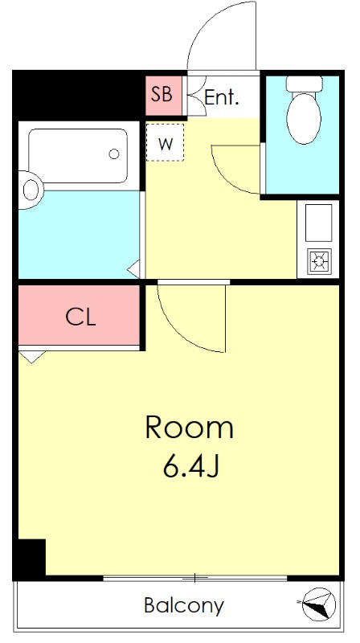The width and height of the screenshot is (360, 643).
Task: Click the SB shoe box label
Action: click(x=162, y=95)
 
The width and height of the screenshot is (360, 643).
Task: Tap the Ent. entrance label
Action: click(x=222, y=97)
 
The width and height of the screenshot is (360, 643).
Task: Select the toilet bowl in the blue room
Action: click(x=304, y=117)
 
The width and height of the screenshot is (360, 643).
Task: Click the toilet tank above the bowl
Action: click(x=304, y=84)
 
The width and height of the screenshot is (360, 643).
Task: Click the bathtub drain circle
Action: click(x=114, y=154)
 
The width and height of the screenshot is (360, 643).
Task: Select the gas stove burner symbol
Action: click(x=320, y=260)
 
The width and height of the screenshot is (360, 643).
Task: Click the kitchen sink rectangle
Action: click(x=318, y=223)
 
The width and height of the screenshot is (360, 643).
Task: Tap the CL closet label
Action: click(x=81, y=317)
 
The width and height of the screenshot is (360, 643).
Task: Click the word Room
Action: click(x=190, y=428)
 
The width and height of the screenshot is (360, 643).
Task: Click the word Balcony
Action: click(x=184, y=605)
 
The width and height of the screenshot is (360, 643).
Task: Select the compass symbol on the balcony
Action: click(x=317, y=604)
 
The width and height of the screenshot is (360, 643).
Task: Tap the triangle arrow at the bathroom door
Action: click(x=134, y=269)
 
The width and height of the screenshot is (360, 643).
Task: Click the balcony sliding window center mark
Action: click(x=195, y=578)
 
